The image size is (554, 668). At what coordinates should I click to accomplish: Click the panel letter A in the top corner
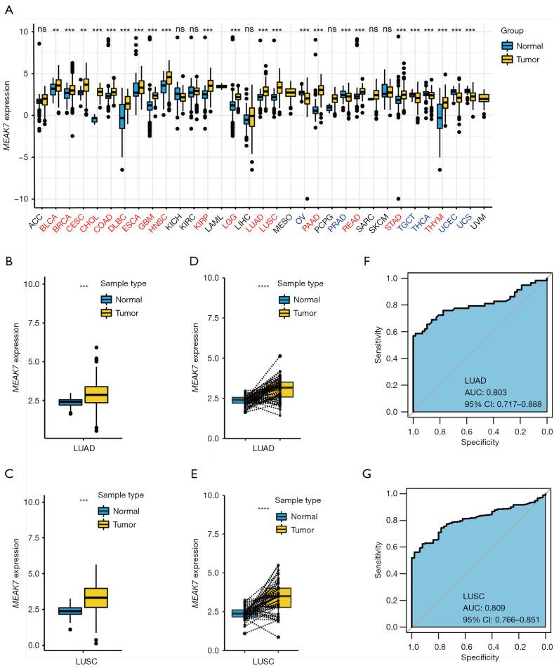pyautogui.click(x=7, y=6)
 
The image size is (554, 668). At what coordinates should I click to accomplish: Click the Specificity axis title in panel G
pyautogui.click(x=477, y=657)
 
